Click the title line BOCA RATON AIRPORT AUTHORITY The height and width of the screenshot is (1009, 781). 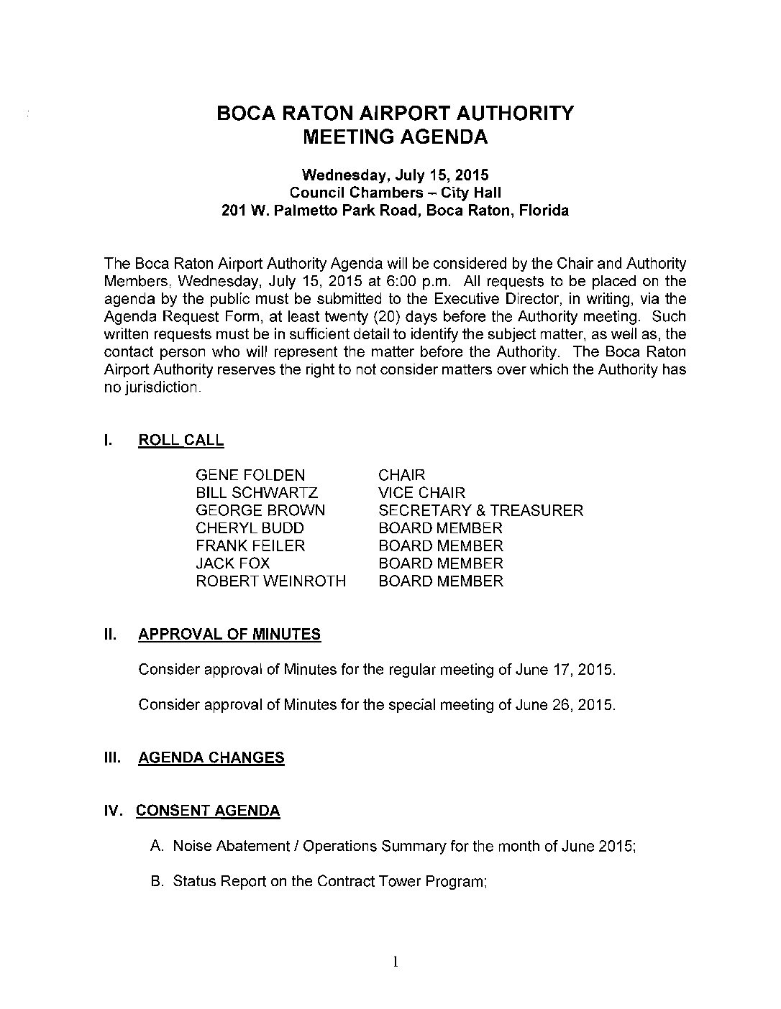pos(396,114)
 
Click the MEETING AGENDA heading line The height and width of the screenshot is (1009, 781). pos(396,137)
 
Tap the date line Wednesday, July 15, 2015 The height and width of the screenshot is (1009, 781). pos(396,175)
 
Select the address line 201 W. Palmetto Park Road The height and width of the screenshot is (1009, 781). pos(395,211)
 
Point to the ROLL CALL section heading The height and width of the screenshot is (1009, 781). pos(181,441)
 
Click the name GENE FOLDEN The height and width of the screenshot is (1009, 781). pos(250,475)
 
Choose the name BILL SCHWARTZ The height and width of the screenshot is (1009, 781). pos(257,493)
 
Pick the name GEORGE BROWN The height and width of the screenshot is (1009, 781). pos(260,510)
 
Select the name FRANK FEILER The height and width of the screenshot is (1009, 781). pos(250,546)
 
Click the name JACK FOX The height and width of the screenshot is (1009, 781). pos(233,563)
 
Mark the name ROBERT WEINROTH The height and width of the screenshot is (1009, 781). pos(271,581)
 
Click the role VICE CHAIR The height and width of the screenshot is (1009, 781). pos(422,493)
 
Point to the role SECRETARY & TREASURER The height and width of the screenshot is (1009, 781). pos(481,510)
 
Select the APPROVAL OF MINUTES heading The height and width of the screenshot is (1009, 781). pos(229,635)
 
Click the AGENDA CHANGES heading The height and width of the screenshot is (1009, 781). pos(211,758)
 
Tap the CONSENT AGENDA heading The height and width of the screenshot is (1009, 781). pos(208,811)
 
